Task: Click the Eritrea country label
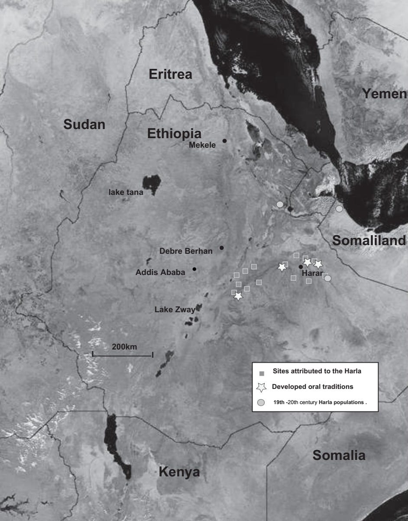pyautogui.click(x=170, y=74)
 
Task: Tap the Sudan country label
pyautogui.click(x=84, y=124)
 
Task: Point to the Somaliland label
pyautogui.click(x=369, y=240)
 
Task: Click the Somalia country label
pyautogui.click(x=339, y=455)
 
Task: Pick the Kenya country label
pyautogui.click(x=179, y=472)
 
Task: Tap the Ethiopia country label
pyautogui.click(x=175, y=133)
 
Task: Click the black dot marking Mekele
pyautogui.click(x=224, y=141)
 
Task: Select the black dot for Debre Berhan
pyautogui.click(x=222, y=248)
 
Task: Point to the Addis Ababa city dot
pyautogui.click(x=194, y=269)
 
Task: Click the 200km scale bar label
pyautogui.click(x=125, y=346)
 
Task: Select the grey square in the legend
pyautogui.click(x=261, y=373)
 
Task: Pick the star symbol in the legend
pyautogui.click(x=261, y=387)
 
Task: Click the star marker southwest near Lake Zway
pyautogui.click(x=238, y=296)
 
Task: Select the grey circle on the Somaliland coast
pyautogui.click(x=339, y=209)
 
